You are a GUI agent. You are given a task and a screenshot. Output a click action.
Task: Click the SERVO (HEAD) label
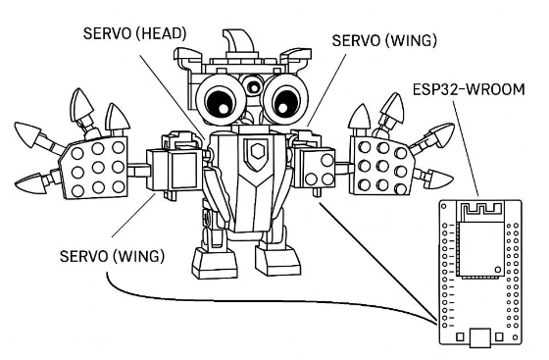coord(135,34)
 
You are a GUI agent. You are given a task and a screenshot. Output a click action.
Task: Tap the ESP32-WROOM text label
coord(469,89)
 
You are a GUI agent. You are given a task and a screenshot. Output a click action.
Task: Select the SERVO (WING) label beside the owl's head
coord(384,41)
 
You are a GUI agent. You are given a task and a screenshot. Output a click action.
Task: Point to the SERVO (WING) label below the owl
coord(112,256)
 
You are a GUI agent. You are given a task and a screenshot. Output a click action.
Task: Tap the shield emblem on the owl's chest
coord(257,153)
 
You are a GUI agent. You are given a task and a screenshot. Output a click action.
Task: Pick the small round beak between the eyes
coord(253,84)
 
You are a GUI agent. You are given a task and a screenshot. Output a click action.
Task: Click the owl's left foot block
coord(215,263)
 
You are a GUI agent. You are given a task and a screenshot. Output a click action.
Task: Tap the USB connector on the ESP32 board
coord(480,338)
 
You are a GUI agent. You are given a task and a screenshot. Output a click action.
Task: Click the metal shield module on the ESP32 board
coord(480,248)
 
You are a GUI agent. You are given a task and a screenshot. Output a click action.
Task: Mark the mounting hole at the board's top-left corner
coord(444,206)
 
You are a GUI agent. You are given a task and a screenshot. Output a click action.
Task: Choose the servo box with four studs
coord(314,169)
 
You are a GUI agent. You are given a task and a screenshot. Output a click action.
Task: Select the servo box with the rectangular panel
coord(175,170)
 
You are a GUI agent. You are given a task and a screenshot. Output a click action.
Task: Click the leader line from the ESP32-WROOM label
coord(466,148)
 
